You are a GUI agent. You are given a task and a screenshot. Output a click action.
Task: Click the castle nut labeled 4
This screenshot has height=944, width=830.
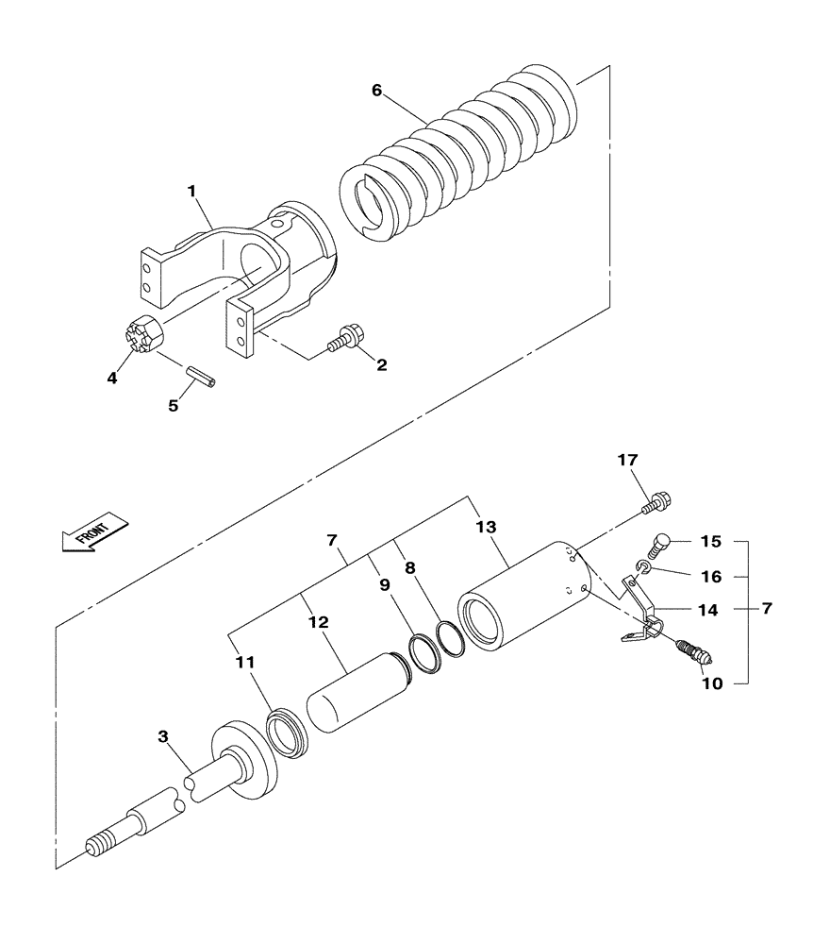pos(141,334)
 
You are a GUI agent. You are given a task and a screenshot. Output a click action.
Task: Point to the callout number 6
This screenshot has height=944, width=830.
pos(376,91)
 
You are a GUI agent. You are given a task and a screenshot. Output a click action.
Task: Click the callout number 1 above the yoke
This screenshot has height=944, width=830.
pos(191,191)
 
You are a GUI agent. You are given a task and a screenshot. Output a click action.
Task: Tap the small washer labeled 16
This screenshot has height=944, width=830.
pos(641,566)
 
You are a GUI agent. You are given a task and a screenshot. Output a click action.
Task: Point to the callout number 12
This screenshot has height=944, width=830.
pos(317,623)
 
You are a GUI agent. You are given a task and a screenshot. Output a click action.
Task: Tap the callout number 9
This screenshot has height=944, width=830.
pos(385,584)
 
